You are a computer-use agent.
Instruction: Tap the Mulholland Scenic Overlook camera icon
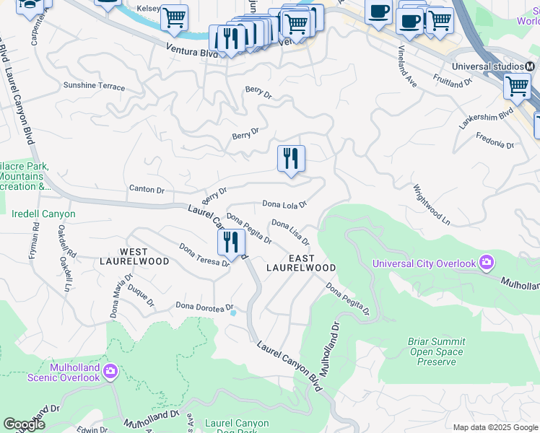(x=110, y=372)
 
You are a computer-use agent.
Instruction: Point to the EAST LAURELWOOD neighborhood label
(x=301, y=263)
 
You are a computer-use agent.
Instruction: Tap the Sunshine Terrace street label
(x=94, y=86)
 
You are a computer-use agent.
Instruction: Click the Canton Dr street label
(x=147, y=190)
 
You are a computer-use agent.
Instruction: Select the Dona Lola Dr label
(x=284, y=204)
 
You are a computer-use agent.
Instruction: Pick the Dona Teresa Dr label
(x=204, y=256)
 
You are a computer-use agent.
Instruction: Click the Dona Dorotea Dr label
(x=205, y=307)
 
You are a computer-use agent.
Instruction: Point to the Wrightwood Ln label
(x=431, y=205)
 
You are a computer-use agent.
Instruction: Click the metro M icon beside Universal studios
(x=529, y=66)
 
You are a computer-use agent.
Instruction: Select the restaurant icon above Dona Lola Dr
(x=292, y=158)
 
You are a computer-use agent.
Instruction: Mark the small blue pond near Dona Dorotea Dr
(x=232, y=312)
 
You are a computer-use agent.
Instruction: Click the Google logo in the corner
(x=25, y=424)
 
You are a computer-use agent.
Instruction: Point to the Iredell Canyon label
(x=43, y=214)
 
